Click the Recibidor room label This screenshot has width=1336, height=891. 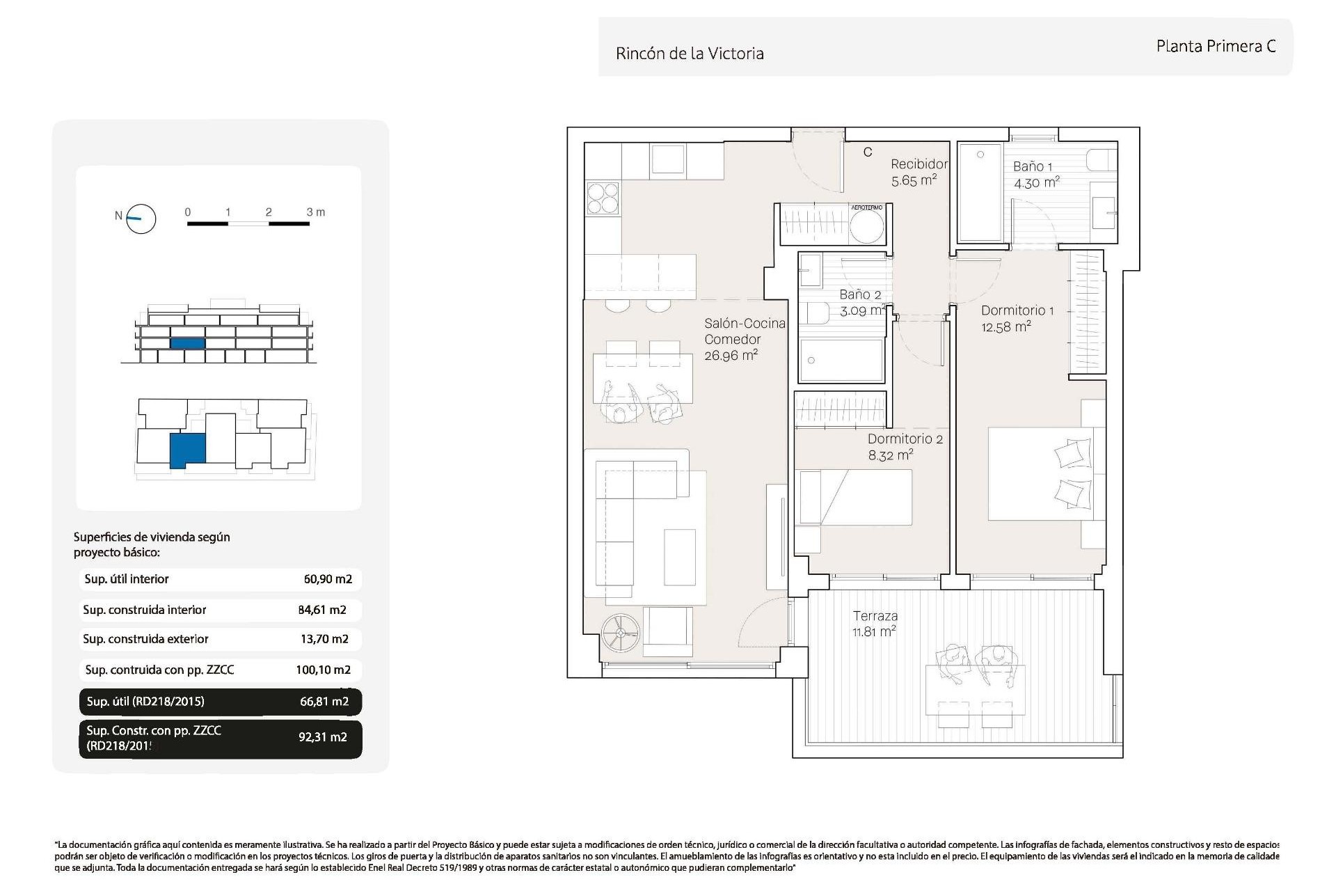click(919, 164)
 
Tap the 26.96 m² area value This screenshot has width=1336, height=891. click(730, 356)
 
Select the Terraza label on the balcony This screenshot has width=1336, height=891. click(875, 616)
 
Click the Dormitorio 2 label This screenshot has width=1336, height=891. click(905, 439)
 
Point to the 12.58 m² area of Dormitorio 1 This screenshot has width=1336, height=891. click(1005, 326)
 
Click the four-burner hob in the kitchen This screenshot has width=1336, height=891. click(603, 198)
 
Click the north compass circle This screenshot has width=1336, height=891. click(142, 219)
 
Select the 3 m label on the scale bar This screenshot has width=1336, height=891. click(316, 212)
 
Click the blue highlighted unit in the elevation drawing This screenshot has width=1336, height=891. click(187, 343)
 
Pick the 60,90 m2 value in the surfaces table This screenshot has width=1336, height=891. click(328, 579)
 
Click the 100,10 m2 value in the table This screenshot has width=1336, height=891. click(323, 670)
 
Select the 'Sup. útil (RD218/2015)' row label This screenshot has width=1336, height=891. click(145, 702)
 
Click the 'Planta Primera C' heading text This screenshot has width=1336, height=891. click(1216, 46)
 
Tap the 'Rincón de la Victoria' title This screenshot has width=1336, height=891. click(690, 54)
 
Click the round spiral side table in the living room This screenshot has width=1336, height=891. click(621, 633)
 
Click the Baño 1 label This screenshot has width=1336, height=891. click(1032, 166)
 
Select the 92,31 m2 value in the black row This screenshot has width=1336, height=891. click(322, 737)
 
